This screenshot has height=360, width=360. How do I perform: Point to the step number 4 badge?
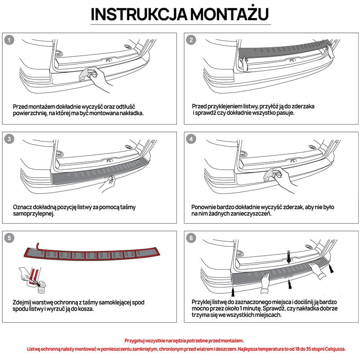[191, 139]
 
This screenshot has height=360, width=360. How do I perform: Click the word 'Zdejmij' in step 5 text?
[23, 302]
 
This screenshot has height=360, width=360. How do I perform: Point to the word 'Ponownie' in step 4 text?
[205, 207]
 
